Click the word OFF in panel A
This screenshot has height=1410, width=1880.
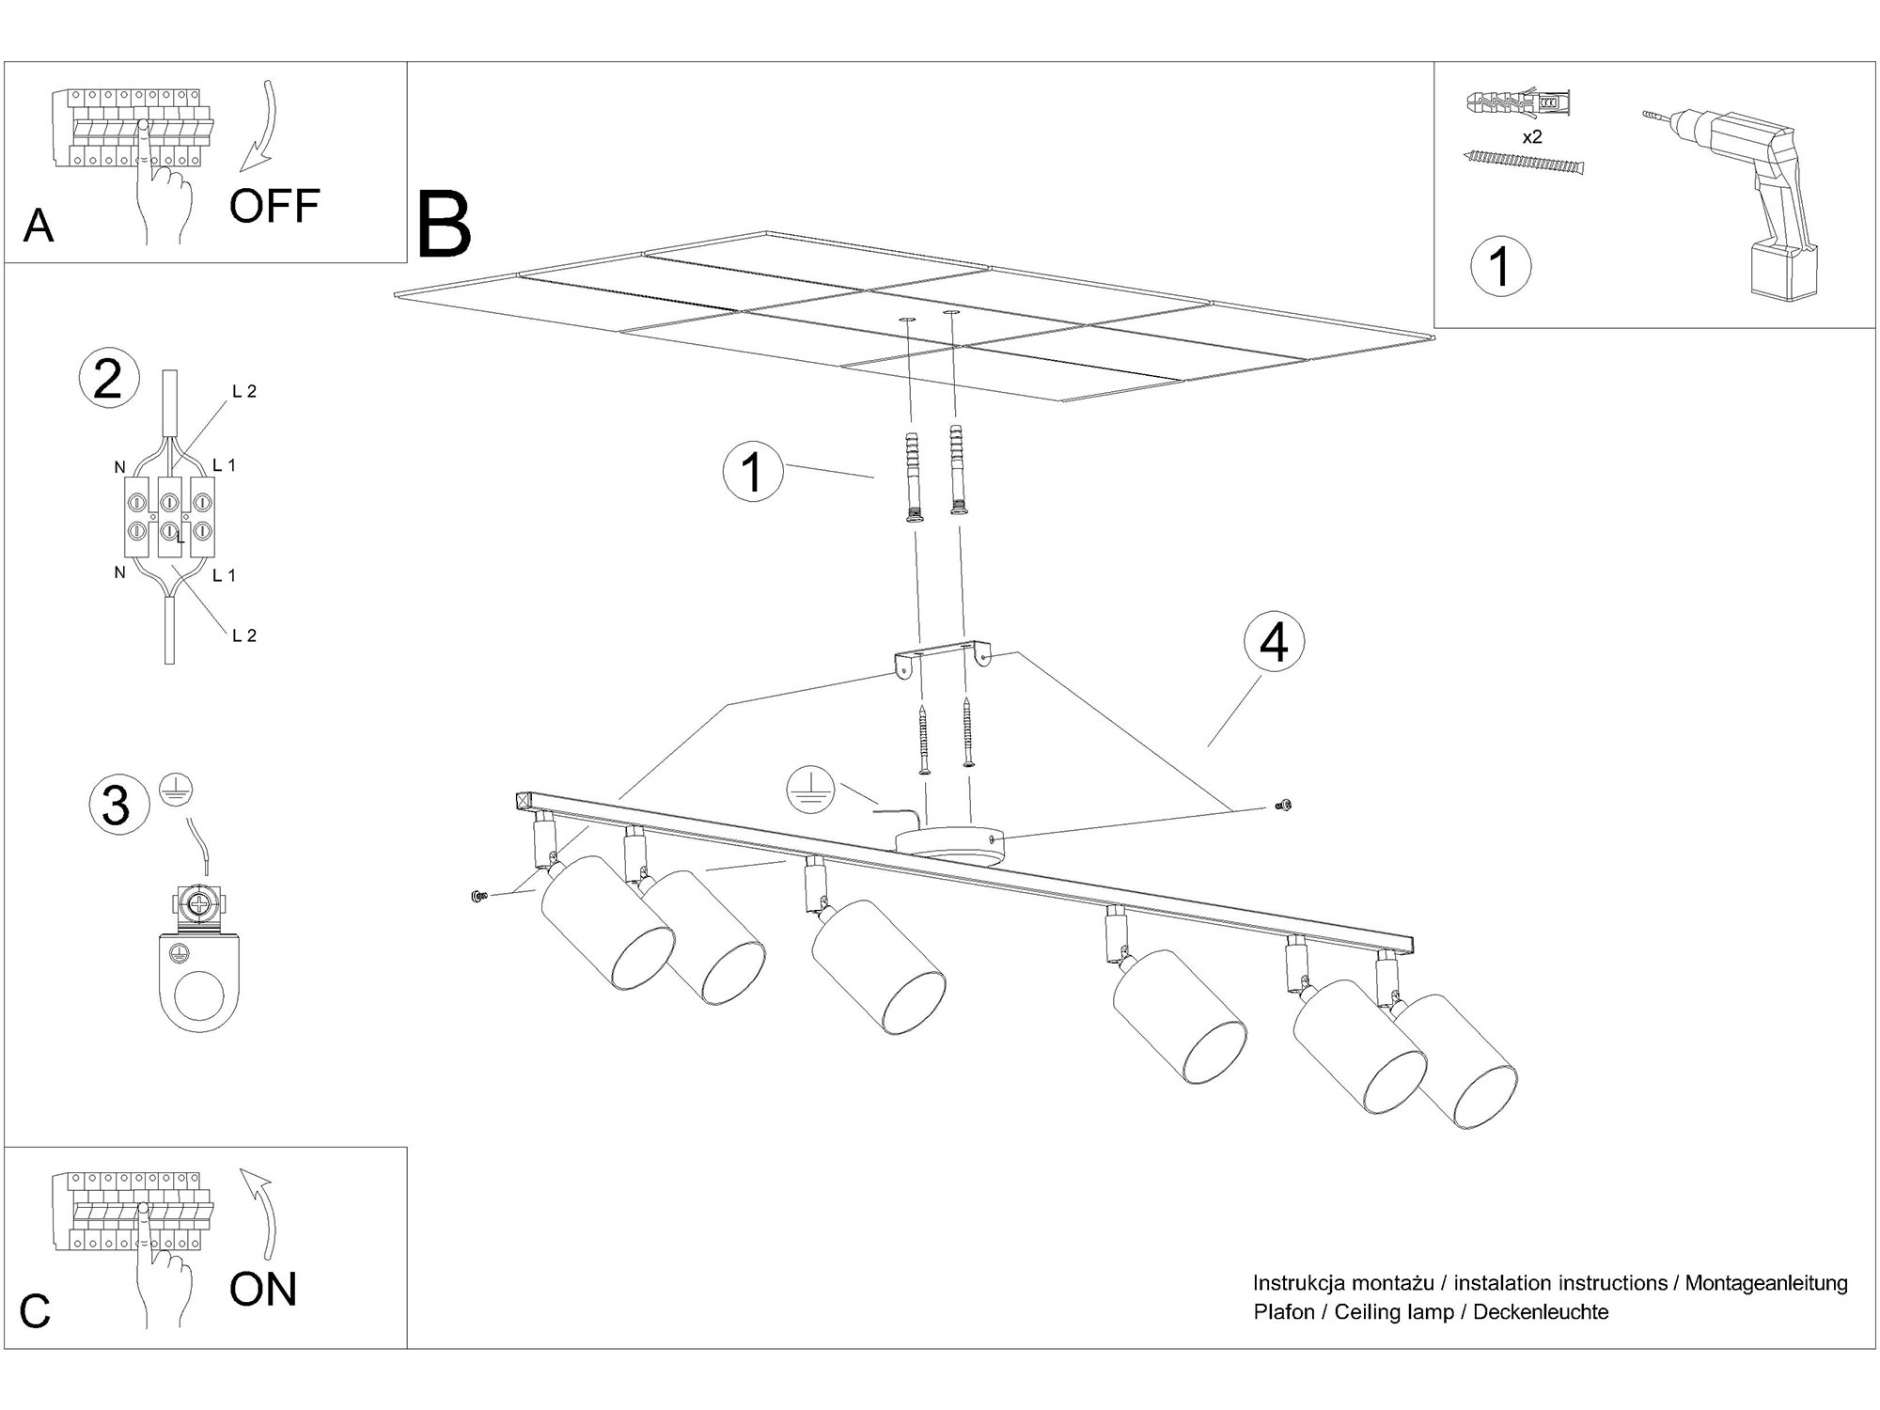tap(274, 206)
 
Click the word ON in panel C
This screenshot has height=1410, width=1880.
tap(262, 1289)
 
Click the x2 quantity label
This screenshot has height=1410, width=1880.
tap(1531, 137)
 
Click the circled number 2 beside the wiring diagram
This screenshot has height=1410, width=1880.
tap(108, 380)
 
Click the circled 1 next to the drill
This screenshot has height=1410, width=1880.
tap(1500, 266)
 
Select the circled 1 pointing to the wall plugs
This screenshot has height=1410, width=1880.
tap(752, 471)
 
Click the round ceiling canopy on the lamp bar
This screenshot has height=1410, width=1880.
tap(948, 842)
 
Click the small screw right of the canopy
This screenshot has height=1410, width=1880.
tap(1282, 805)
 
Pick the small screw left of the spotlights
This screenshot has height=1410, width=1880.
tap(478, 897)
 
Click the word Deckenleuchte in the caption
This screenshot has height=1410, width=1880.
tap(1541, 1312)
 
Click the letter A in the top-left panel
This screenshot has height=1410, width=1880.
tap(38, 227)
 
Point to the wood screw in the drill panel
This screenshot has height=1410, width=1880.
tap(1524, 164)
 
